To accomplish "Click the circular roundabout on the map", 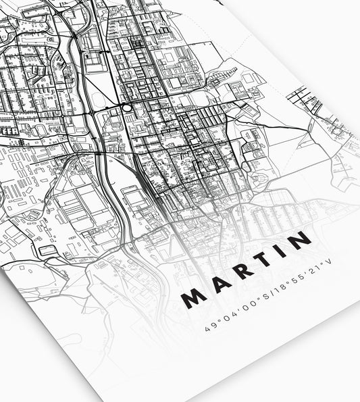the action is [126, 107].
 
